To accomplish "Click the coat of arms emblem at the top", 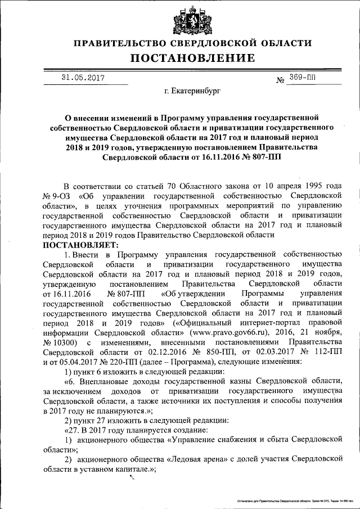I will coord(193,21).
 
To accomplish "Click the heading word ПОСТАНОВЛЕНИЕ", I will coord(193,58).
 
